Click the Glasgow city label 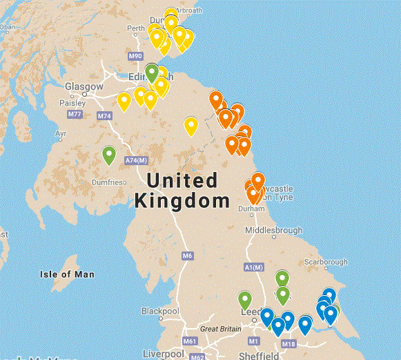pyautogui.click(x=84, y=86)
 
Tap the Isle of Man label pyautogui.click(x=67, y=274)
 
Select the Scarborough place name pyautogui.click(x=326, y=263)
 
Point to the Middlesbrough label pyautogui.click(x=274, y=230)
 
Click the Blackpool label pyautogui.click(x=161, y=310)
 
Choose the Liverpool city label pyautogui.click(x=163, y=354)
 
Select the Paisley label pyautogui.click(x=73, y=102)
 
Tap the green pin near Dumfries pyautogui.click(x=108, y=156)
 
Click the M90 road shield pyautogui.click(x=135, y=56)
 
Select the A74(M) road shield pyautogui.click(x=136, y=161)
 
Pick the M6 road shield pyautogui.click(x=187, y=256)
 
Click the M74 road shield pyautogui.click(x=104, y=116)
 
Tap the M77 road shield pyautogui.click(x=75, y=114)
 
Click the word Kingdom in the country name pyautogui.click(x=182, y=202)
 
